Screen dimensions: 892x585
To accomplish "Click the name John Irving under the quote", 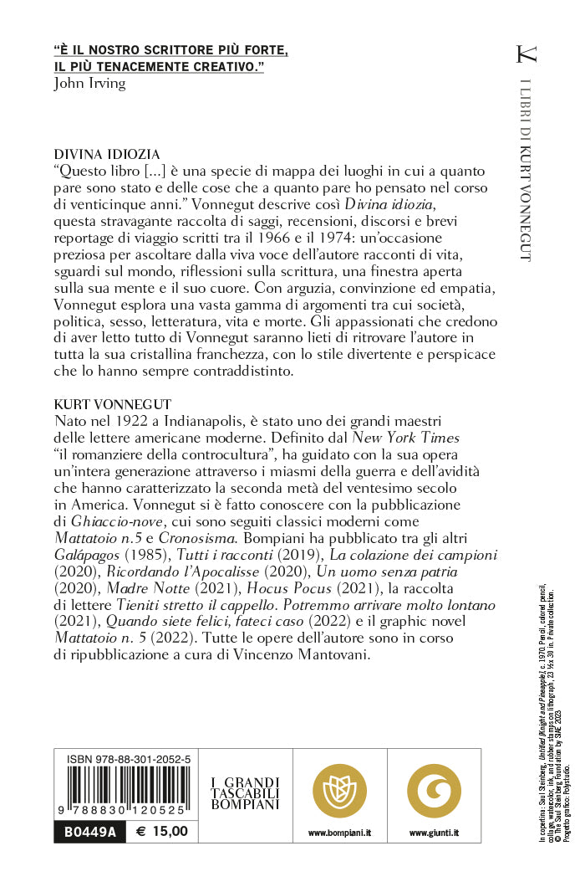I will [x=89, y=83].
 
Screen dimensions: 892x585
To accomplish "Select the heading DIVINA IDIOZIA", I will [x=106, y=155].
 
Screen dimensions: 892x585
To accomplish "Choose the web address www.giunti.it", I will [x=434, y=833].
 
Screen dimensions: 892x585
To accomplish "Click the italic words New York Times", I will [x=405, y=437].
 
